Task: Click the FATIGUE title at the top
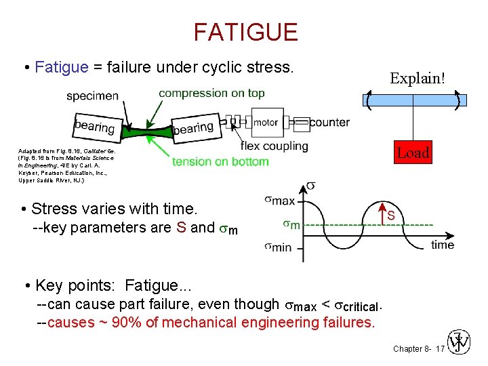pos(245,32)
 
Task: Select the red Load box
pos(413,152)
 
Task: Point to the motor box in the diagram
pos(265,122)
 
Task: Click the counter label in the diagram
pos(329,122)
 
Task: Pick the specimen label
pos(92,96)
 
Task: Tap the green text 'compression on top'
pos(211,93)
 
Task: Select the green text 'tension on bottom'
pos(220,161)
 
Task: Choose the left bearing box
pos(95,125)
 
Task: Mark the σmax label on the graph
pos(279,200)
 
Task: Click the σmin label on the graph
pos(278,247)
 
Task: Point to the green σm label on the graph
pos(291,224)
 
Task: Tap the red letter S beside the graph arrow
pos(391,216)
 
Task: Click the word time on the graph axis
pos(443,245)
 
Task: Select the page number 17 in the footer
pos(440,348)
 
